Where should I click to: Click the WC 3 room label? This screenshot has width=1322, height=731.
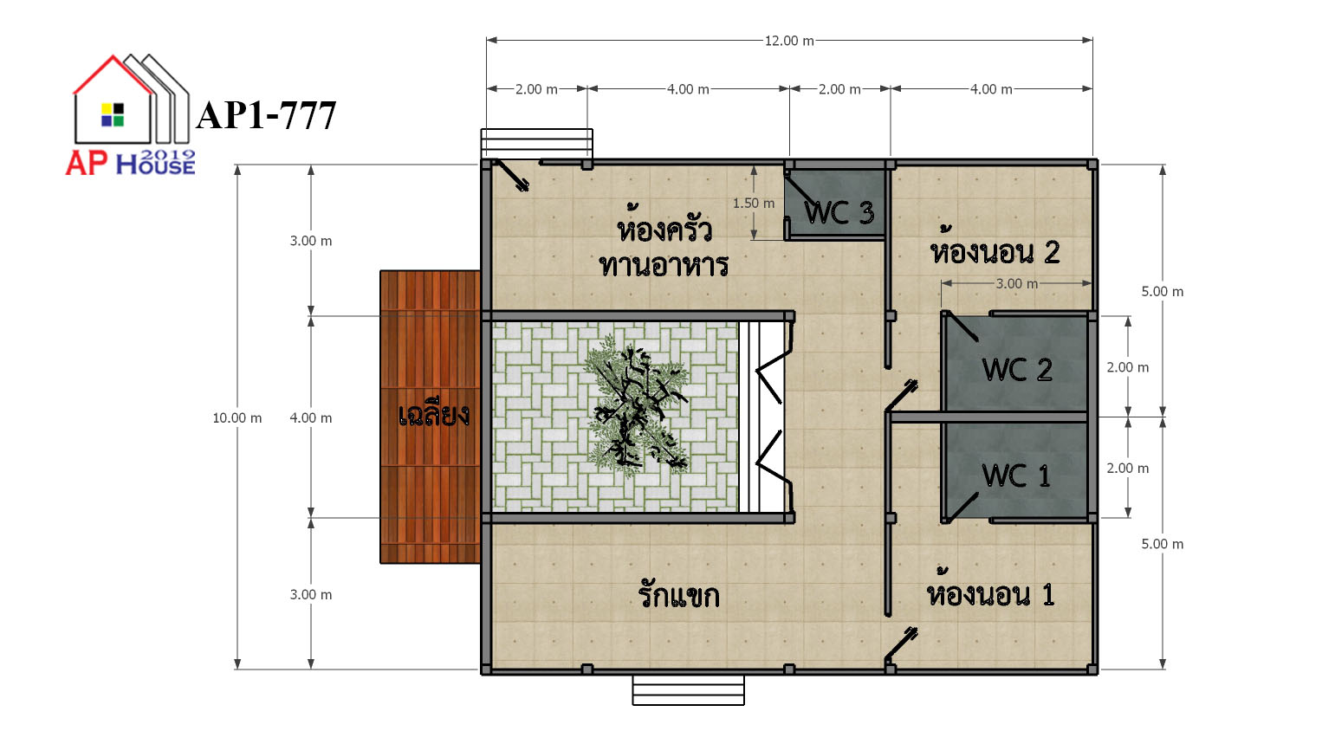pos(839,212)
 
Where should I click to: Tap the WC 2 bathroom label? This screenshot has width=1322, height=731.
pos(1017,370)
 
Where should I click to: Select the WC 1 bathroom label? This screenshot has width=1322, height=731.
pos(1016,475)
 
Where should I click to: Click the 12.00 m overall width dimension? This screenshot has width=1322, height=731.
pos(789,41)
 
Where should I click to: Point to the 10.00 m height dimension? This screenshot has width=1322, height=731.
pos(237,417)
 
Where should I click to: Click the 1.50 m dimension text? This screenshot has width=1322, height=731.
pos(753,203)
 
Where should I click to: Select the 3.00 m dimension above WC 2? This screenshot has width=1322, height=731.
pos(1016,284)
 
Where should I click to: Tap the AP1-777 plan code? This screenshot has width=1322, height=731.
pos(266,115)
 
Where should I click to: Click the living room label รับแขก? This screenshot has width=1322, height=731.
pos(679,595)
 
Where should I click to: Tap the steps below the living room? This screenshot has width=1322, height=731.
pos(688,689)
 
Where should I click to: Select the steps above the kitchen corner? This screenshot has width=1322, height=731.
pos(536,144)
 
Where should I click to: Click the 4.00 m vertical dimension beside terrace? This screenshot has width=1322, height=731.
pos(310,417)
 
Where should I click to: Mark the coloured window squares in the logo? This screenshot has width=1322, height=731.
pos(113,114)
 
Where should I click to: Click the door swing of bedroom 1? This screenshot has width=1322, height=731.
pos(901,644)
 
